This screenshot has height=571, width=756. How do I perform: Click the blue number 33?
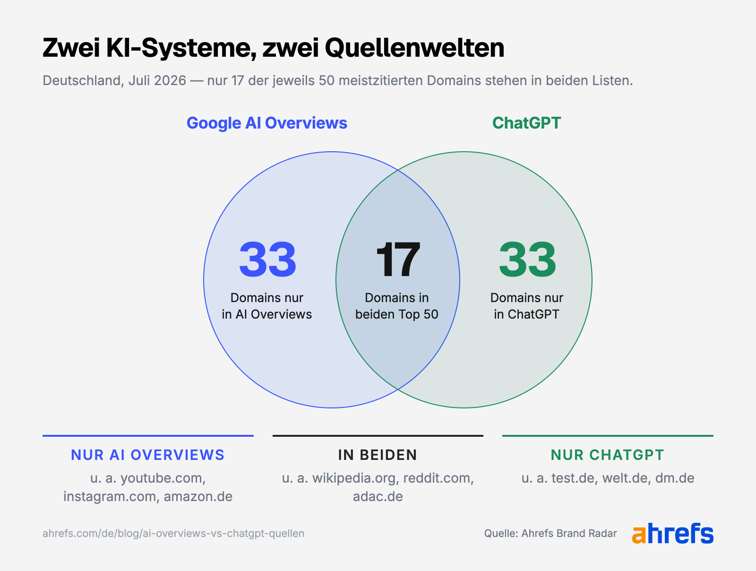tap(267, 260)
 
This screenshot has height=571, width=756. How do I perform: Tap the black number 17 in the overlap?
tap(398, 260)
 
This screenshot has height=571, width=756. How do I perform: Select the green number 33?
tap(527, 260)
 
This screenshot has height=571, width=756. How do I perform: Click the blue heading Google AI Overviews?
tap(267, 123)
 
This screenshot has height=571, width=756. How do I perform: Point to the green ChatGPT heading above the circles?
tap(527, 123)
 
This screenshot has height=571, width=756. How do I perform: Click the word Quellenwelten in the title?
tap(414, 48)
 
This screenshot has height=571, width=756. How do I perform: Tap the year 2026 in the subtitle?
tap(170, 80)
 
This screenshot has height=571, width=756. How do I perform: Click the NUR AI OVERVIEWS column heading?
tap(148, 455)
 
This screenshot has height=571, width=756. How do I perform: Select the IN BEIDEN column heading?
tap(378, 455)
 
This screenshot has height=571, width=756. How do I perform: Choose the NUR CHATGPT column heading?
tap(608, 455)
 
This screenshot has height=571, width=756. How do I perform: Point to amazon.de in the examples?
tap(198, 497)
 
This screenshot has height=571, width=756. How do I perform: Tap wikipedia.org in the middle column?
tap(356, 478)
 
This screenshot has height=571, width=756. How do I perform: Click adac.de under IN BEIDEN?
tap(378, 497)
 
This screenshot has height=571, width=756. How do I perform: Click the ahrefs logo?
tap(673, 533)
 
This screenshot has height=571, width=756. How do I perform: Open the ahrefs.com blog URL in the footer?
tap(173, 534)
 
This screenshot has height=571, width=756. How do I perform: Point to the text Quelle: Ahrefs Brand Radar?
tap(550, 534)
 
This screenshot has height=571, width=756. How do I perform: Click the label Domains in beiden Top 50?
tap(397, 306)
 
